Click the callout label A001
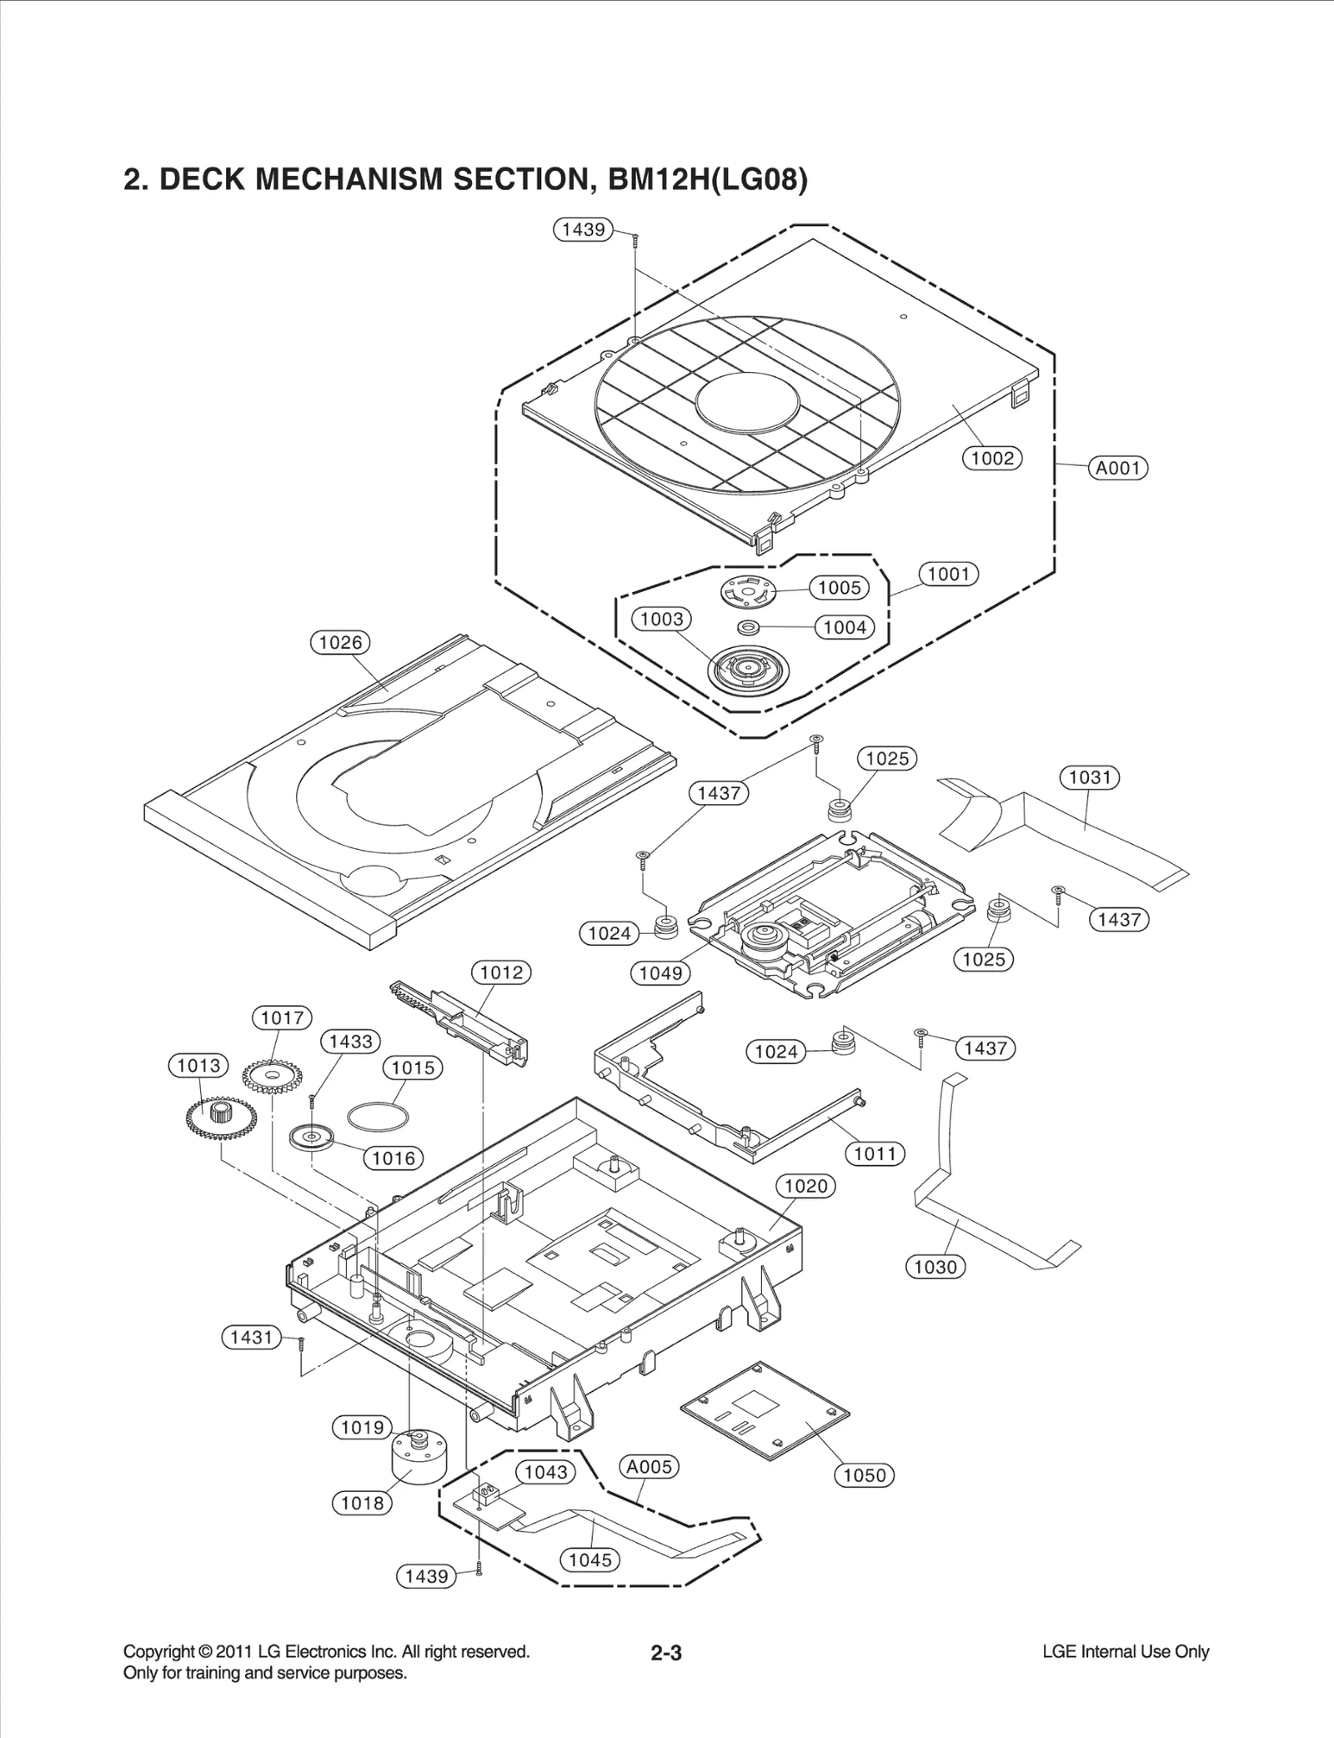click(x=1118, y=468)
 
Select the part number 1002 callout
click(x=992, y=458)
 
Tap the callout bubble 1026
click(x=340, y=642)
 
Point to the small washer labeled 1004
click(x=748, y=626)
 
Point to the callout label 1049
click(x=661, y=972)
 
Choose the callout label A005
click(x=649, y=1466)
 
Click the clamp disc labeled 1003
click(x=747, y=670)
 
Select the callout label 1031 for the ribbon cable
click(x=1090, y=777)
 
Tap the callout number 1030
click(x=935, y=1267)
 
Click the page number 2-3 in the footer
click(x=666, y=1652)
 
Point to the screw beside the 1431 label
click(x=302, y=1343)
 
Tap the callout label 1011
click(x=875, y=1154)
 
